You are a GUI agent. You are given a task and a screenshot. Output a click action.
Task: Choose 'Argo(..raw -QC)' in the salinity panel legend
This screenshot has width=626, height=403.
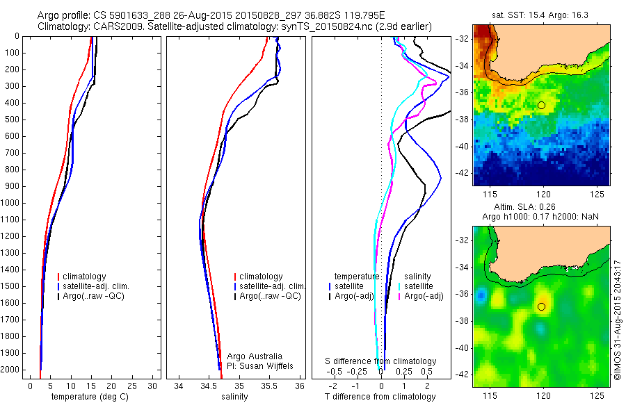coord(269,296)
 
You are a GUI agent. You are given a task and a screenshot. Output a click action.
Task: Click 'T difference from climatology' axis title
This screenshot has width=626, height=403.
coord(380,397)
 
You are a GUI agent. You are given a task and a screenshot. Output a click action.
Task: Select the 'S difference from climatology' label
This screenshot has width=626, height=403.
coord(381,361)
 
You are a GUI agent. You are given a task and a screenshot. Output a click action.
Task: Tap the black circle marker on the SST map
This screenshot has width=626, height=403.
coord(541,105)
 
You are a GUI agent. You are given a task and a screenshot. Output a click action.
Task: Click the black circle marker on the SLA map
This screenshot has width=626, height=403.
coord(541,306)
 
